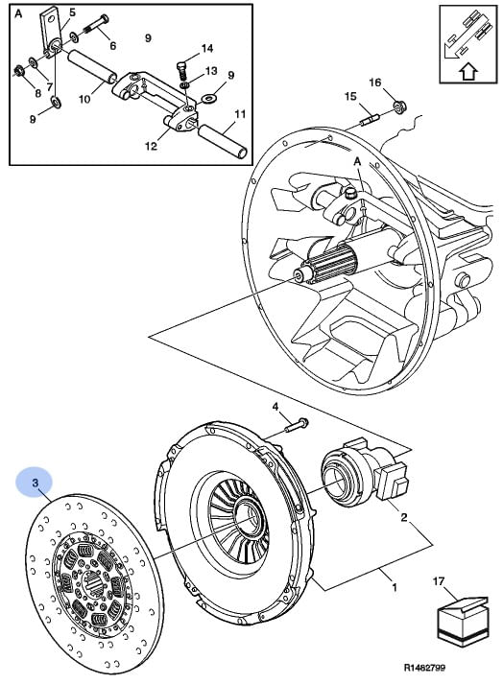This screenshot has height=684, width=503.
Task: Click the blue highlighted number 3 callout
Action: pyautogui.click(x=35, y=483)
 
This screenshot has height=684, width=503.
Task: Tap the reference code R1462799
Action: pyautogui.click(x=424, y=668)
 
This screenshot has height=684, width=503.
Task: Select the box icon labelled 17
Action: pyautogui.click(x=463, y=621)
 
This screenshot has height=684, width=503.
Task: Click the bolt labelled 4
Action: pyautogui.click(x=297, y=425)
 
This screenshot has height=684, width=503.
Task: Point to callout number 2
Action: pyautogui.click(x=404, y=517)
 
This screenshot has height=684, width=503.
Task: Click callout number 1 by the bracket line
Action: pyautogui.click(x=395, y=587)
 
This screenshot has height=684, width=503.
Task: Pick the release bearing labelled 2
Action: pyautogui.click(x=364, y=474)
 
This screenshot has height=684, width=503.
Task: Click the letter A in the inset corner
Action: pyautogui.click(x=18, y=13)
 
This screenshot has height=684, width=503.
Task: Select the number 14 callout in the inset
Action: pyautogui.click(x=207, y=48)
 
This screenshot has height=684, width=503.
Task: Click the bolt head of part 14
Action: pyautogui.click(x=181, y=66)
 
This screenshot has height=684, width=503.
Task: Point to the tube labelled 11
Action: pyautogui.click(x=223, y=140)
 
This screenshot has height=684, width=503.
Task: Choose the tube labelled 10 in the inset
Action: pyautogui.click(x=92, y=66)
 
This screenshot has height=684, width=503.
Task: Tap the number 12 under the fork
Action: pyautogui.click(x=151, y=146)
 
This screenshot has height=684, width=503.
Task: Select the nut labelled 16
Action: pyautogui.click(x=397, y=106)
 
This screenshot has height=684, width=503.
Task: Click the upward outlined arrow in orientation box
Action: pyautogui.click(x=467, y=72)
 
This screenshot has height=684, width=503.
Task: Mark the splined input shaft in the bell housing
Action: pyautogui.click(x=332, y=265)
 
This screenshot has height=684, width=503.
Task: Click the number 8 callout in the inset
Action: pyautogui.click(x=37, y=93)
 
